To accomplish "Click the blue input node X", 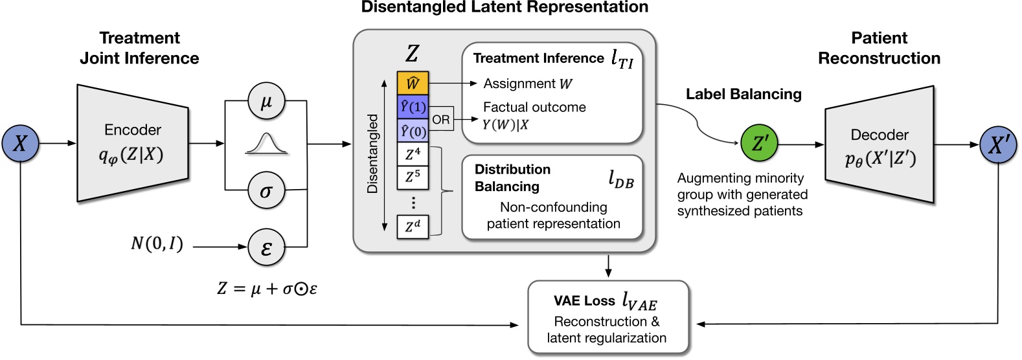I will (x=21, y=143).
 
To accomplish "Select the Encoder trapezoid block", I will (x=133, y=144).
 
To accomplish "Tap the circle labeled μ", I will (x=266, y=101).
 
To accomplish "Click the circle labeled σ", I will (x=266, y=190).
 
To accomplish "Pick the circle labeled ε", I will (x=266, y=247).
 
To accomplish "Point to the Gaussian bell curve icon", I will (x=266, y=144).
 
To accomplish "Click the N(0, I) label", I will (x=157, y=244).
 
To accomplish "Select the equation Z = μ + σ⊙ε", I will (x=267, y=288).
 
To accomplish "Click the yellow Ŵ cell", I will (x=413, y=84).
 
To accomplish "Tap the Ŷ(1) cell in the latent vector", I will (x=413, y=107).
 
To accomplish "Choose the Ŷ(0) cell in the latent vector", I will (x=413, y=131).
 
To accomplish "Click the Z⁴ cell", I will (x=413, y=155).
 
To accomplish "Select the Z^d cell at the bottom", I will (x=413, y=227).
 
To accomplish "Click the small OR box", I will (x=441, y=119).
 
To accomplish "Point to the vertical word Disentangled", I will (x=372, y=154).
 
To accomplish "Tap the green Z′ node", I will (x=759, y=144).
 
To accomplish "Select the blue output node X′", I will (x=998, y=144).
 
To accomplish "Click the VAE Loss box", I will (x=608, y=318).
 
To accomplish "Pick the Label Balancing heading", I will (x=744, y=95).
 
